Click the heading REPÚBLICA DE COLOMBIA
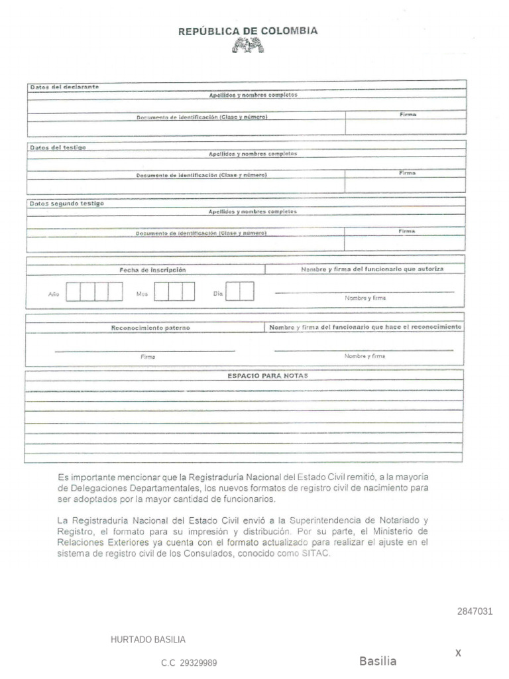(x=248, y=31)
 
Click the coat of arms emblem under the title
(x=248, y=46)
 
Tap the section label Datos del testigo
(x=58, y=147)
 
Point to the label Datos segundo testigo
(x=66, y=204)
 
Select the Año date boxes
(x=95, y=292)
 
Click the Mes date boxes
(x=174, y=292)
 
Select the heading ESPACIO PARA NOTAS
(x=267, y=375)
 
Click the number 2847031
(x=475, y=611)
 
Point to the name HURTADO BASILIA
(x=148, y=640)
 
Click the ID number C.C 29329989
(x=189, y=662)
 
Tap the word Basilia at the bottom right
(x=378, y=661)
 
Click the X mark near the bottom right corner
(x=457, y=653)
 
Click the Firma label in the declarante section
(x=408, y=115)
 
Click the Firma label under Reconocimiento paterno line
(x=148, y=357)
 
